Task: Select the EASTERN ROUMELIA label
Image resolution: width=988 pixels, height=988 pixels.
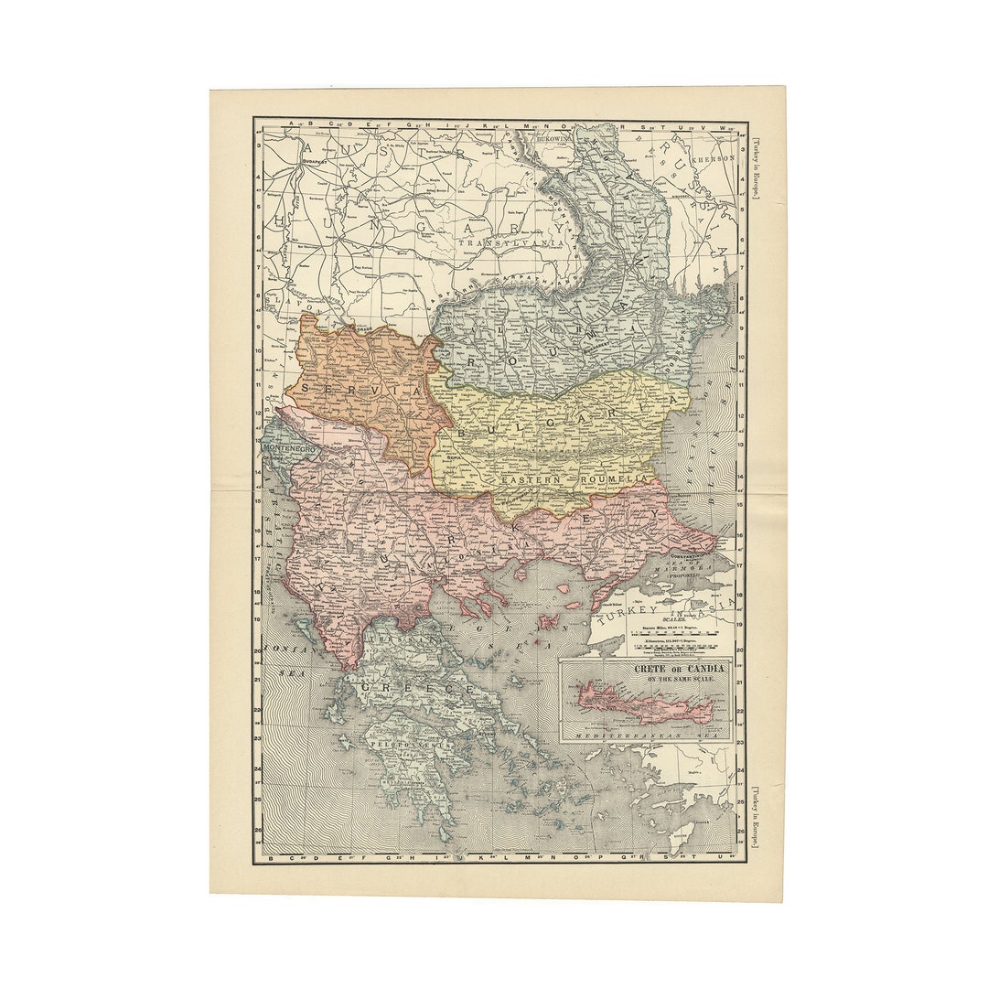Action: [x=575, y=478]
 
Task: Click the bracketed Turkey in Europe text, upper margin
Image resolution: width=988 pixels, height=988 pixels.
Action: [x=757, y=169]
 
